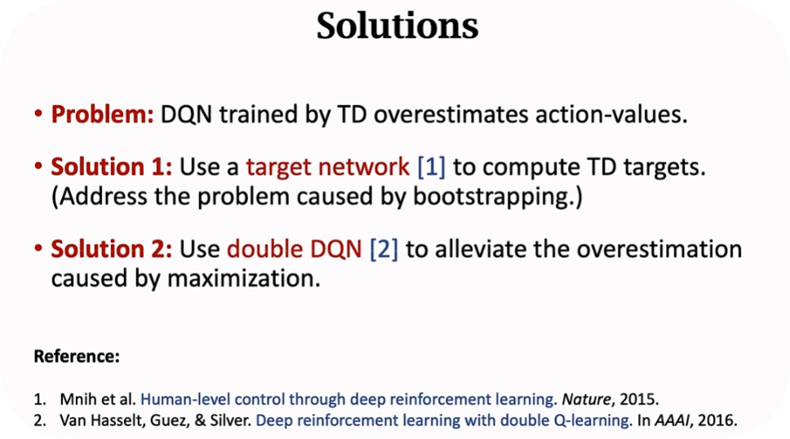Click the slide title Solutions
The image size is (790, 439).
397,26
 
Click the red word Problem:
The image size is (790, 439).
102,115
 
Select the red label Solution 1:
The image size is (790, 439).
111,166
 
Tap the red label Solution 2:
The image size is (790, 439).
111,249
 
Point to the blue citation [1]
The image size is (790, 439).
431,167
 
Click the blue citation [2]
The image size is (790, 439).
384,250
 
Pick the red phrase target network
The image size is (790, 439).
327,167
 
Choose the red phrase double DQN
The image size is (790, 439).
295,249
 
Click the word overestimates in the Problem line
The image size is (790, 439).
451,115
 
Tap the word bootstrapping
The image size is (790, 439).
498,197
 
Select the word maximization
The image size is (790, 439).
244,278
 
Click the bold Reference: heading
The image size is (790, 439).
77,357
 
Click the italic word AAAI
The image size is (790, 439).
672,420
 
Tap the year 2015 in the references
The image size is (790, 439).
639,399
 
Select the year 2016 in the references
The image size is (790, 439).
717,420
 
